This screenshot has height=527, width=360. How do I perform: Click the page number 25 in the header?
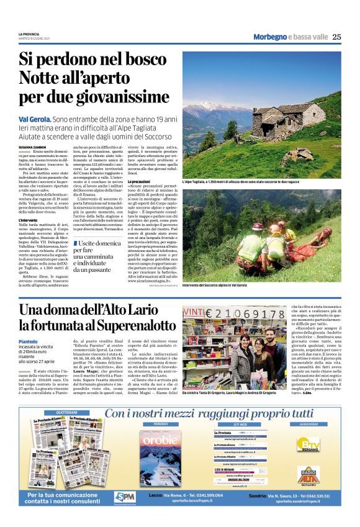pyautogui.click(x=336, y=37)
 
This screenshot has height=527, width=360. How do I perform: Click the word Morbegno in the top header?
pyautogui.click(x=270, y=37)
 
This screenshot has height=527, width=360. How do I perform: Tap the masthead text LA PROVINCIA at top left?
pyautogui.click(x=29, y=34)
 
